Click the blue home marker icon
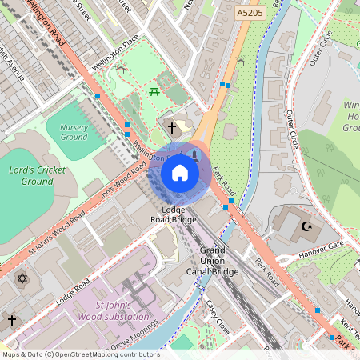click(180, 173)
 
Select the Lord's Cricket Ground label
click(38, 176)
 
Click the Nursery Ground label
click(74, 132)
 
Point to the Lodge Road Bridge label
click(174, 214)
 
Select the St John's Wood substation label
click(122, 311)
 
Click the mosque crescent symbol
click(305, 226)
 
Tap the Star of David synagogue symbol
click(22, 279)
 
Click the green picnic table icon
click(154, 93)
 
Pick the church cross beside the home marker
click(171, 126)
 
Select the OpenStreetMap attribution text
click(80, 354)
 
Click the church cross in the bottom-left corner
click(11, 320)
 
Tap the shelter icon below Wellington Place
click(120, 70)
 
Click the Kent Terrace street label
click(350, 326)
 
